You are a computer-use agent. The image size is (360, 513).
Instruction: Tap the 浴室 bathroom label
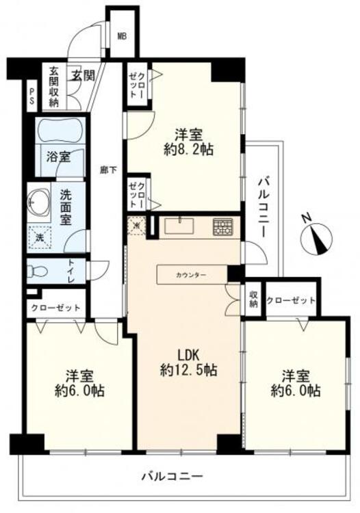click(57, 157)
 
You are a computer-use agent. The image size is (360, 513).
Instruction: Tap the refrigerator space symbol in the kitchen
click(137, 224)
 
